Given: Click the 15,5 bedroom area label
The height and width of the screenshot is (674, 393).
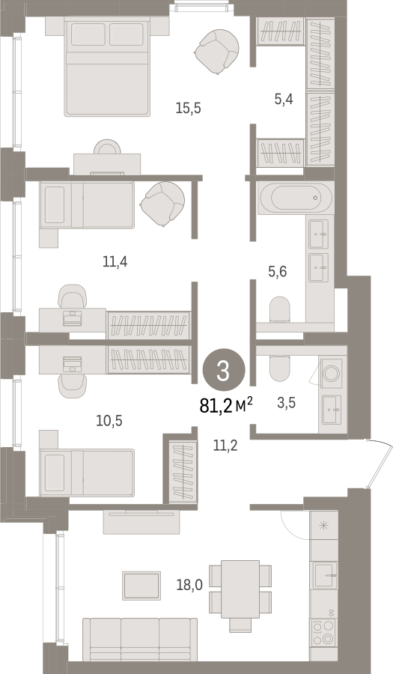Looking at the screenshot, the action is pos(188,108).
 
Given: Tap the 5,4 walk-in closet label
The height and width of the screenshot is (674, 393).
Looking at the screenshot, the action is pos(284,100).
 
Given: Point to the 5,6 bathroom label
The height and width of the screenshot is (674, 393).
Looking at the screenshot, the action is pos(277,272).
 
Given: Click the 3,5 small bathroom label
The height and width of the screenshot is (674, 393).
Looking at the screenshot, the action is pos(287,403).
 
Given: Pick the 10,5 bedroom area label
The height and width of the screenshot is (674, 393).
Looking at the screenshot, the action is pos(109,420).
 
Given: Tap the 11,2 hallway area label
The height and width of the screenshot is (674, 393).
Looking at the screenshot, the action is pos(225,446).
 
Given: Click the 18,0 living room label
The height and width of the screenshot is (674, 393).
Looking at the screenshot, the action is pos(189,585).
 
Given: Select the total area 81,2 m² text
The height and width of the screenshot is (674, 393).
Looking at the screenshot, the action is pos(226,405).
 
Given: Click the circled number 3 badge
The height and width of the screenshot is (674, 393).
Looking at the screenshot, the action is pos(223,371).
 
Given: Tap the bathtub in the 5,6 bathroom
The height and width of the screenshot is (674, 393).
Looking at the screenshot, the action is pos(296,198).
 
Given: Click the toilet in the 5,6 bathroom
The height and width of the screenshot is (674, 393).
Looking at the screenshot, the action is pos(280,309).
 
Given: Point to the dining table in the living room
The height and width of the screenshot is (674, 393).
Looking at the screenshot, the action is pos(240,589).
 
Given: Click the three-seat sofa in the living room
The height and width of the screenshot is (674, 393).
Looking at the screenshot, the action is pos(140,640).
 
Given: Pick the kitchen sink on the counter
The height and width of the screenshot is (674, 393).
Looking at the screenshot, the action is pos(325,575).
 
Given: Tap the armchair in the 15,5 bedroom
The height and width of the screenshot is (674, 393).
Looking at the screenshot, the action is pos(216,52).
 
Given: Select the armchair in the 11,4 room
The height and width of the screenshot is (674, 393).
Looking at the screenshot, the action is pos(162,204).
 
